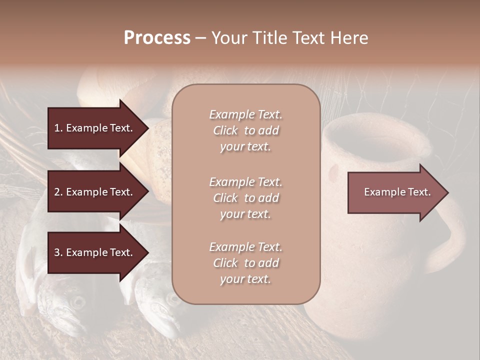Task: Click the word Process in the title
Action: point(157,38)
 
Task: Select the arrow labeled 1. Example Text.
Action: point(93,128)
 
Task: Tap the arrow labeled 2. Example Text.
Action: point(93,192)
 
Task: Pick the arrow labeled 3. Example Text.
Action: point(93,252)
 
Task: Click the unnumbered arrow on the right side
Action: point(397,192)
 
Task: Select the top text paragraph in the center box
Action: point(245,130)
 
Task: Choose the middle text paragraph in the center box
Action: point(245,198)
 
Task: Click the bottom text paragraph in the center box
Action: point(245,263)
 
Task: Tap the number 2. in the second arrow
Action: point(58,192)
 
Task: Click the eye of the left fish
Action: point(77,301)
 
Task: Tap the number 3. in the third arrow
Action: point(58,252)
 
